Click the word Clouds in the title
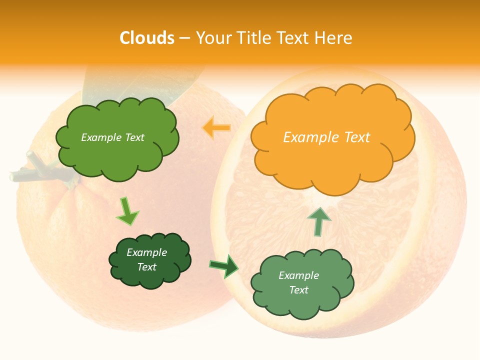(147, 38)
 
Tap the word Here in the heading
(333, 38)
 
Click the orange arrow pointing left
(216, 128)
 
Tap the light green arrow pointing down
(127, 211)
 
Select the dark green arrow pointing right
(224, 266)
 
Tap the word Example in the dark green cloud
(147, 252)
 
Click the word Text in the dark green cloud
(147, 267)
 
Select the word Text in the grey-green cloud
(299, 290)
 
